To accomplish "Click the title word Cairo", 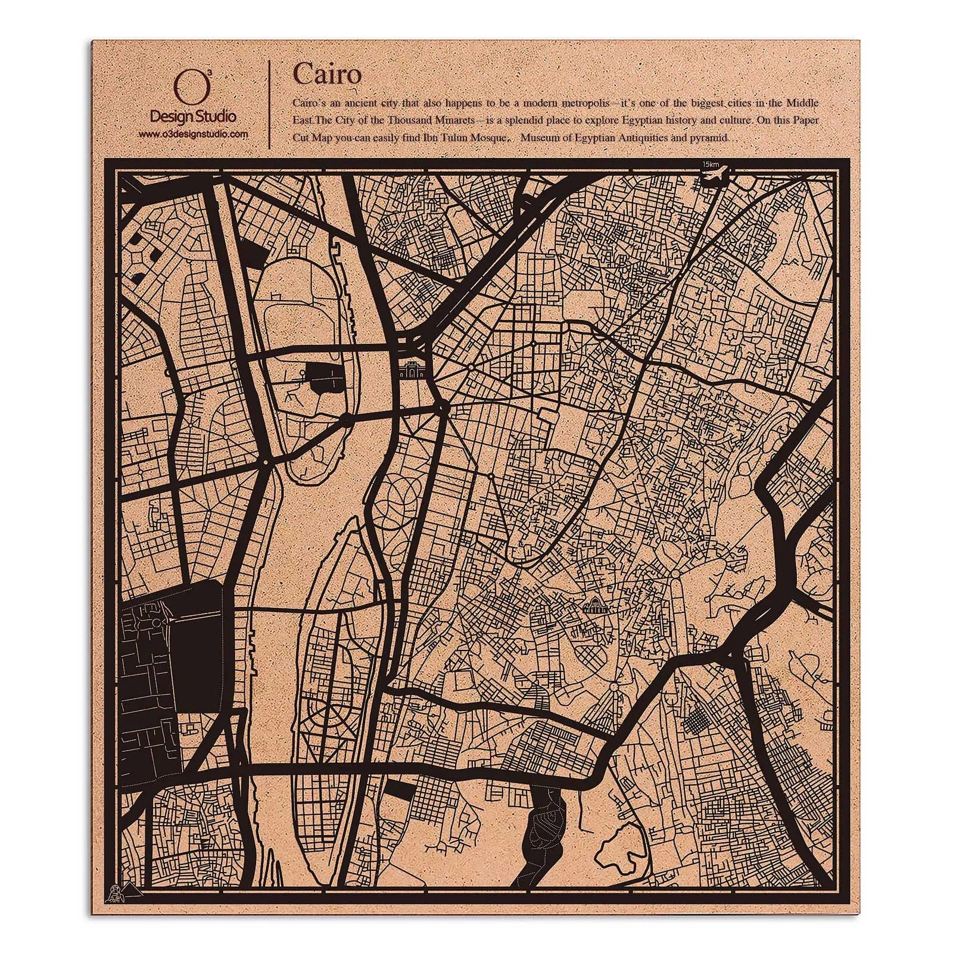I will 326,74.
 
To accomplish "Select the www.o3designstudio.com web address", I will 193,135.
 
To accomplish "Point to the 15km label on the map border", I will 710,164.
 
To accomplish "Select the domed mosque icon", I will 594,608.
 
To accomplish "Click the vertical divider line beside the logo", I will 271,104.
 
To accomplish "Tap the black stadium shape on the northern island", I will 319,376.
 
